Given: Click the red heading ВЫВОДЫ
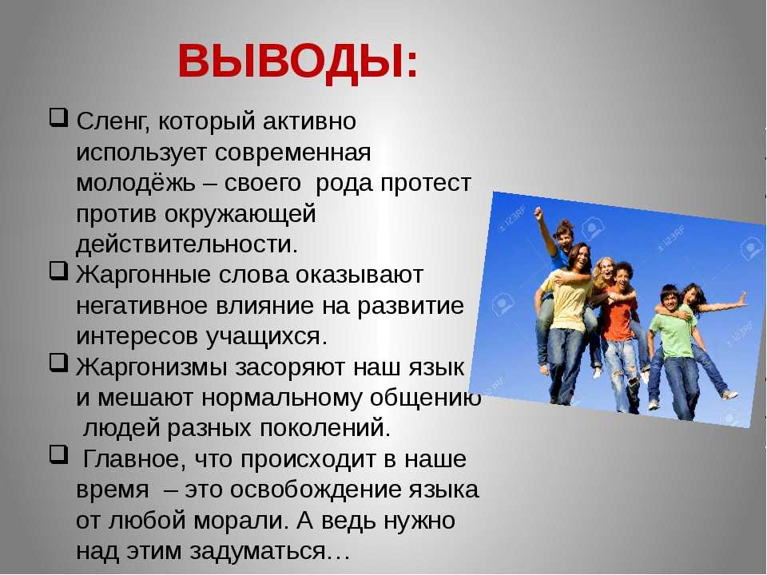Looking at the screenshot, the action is [x=298, y=61].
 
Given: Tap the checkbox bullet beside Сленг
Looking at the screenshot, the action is [x=58, y=119].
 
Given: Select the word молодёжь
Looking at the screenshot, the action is [x=135, y=184].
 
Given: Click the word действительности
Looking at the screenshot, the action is [x=187, y=244].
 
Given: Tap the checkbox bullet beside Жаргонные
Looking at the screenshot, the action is [x=58, y=271].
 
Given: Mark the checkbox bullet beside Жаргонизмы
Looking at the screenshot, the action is [x=58, y=363].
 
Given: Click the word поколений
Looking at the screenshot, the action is [x=325, y=429].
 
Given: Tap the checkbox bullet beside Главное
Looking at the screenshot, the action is [x=58, y=454].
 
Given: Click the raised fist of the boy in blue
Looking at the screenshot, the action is [x=539, y=212].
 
